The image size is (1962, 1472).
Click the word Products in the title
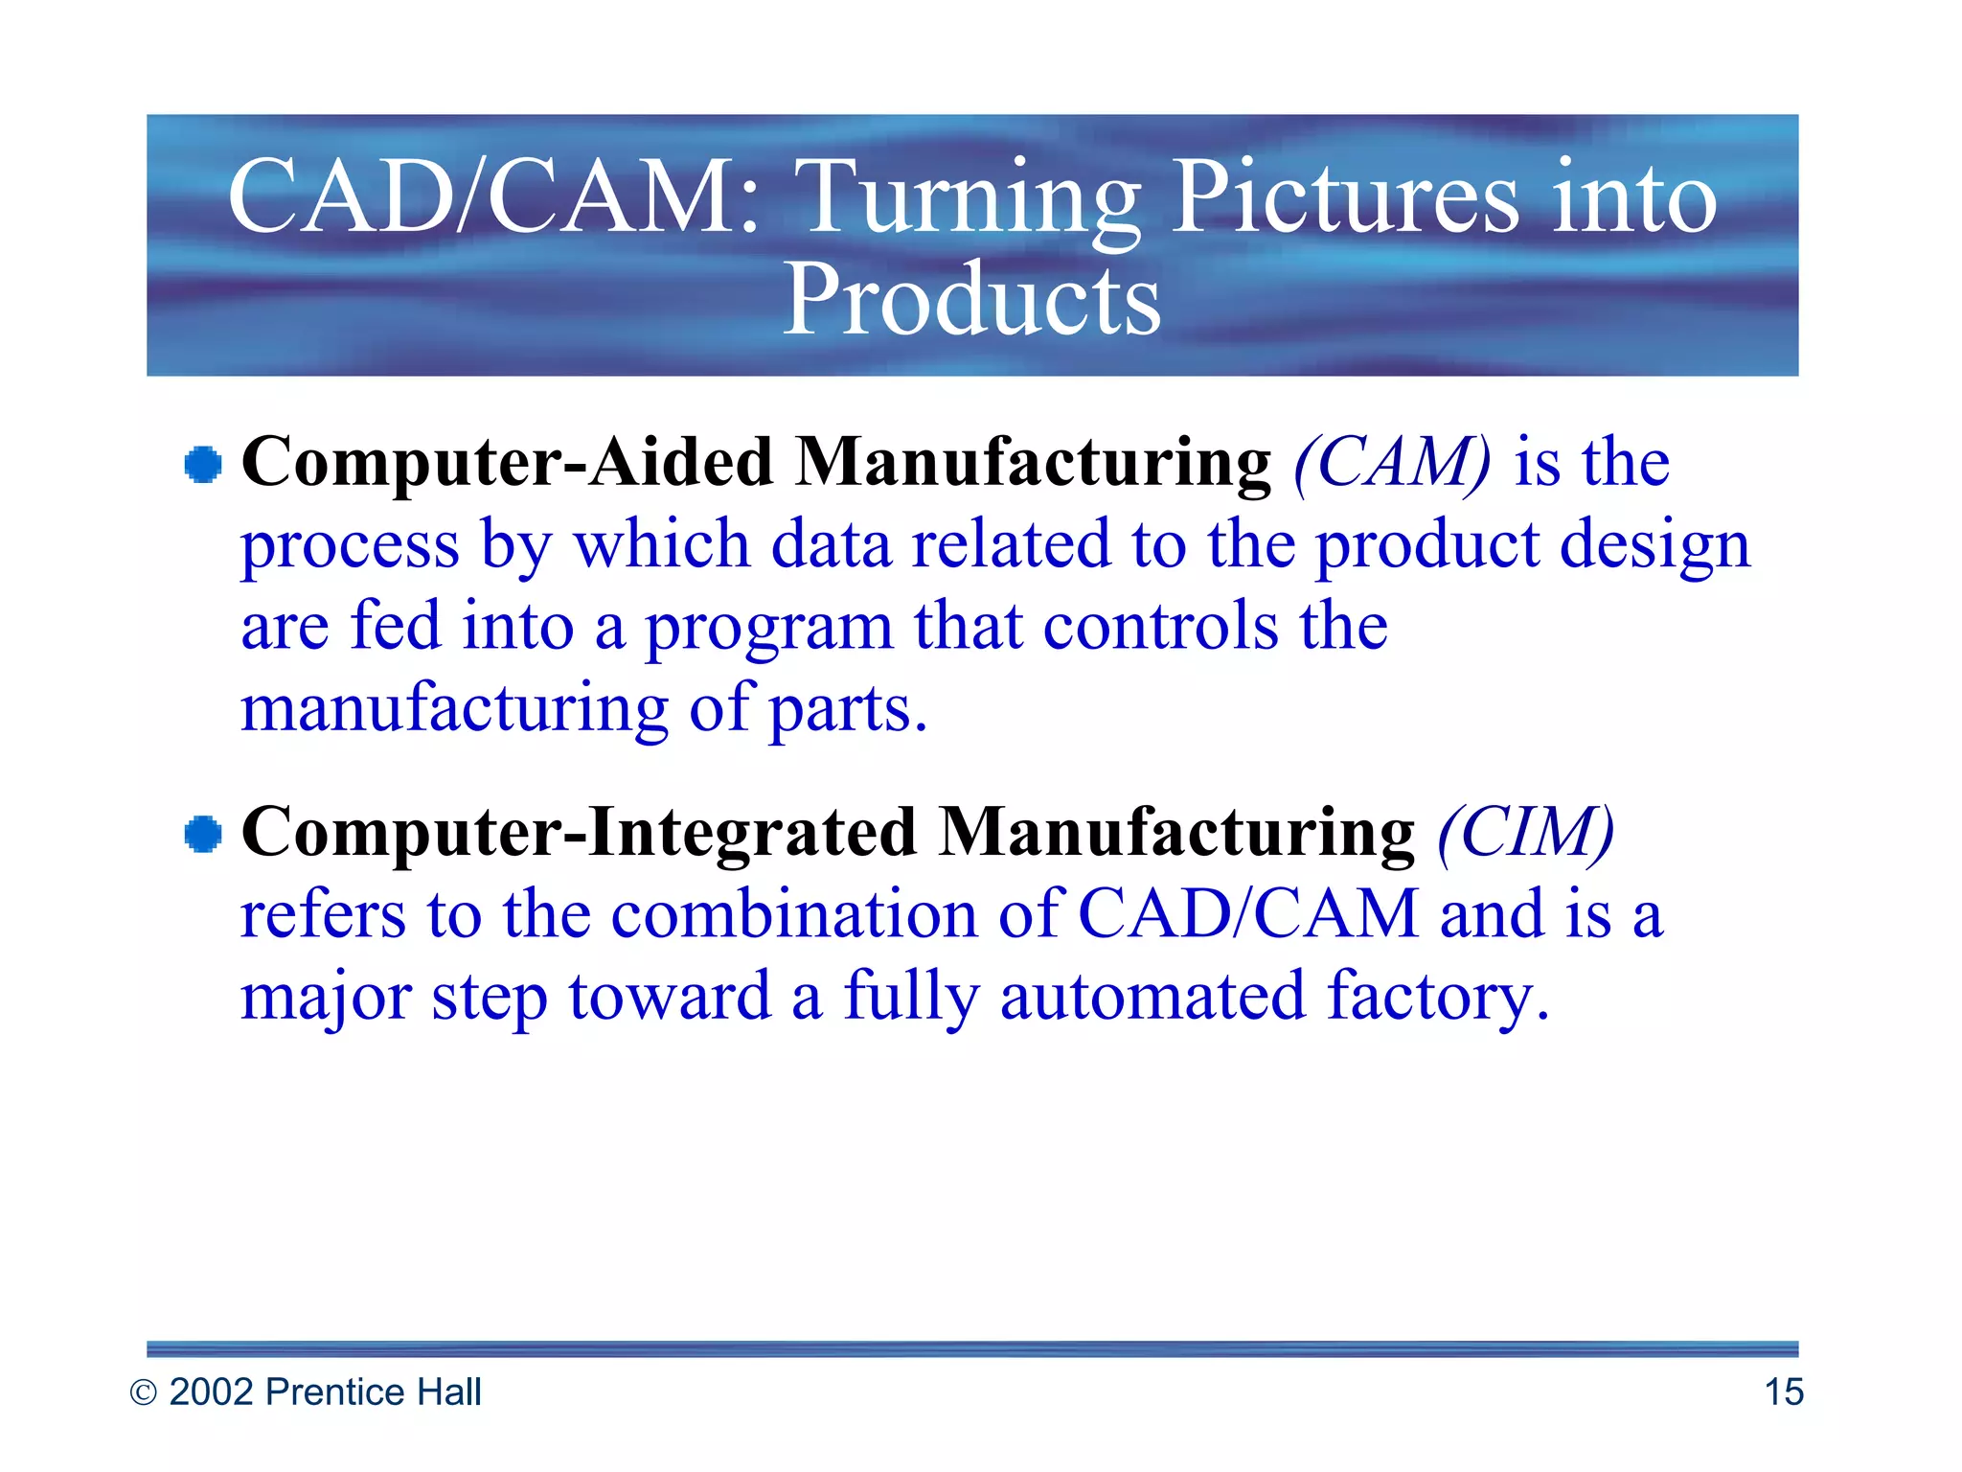tap(971, 300)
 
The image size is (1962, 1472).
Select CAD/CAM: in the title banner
tap(494, 197)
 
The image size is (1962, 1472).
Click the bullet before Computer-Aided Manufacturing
tap(203, 465)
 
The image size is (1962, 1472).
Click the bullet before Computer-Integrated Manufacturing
tap(203, 834)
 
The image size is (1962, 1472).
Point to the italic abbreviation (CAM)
tap(1392, 463)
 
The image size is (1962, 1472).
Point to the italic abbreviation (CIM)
tap(1525, 832)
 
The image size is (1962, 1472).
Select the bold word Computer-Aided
tap(507, 463)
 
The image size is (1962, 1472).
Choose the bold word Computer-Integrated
tap(579, 832)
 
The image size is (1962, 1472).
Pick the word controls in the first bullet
tap(1160, 627)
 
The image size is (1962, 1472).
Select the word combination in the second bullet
tap(793, 914)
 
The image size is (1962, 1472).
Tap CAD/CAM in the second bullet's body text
tap(1248, 914)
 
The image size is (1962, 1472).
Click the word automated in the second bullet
tap(1152, 997)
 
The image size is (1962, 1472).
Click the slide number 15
tap(1783, 1392)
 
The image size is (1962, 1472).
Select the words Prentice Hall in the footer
tap(373, 1392)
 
